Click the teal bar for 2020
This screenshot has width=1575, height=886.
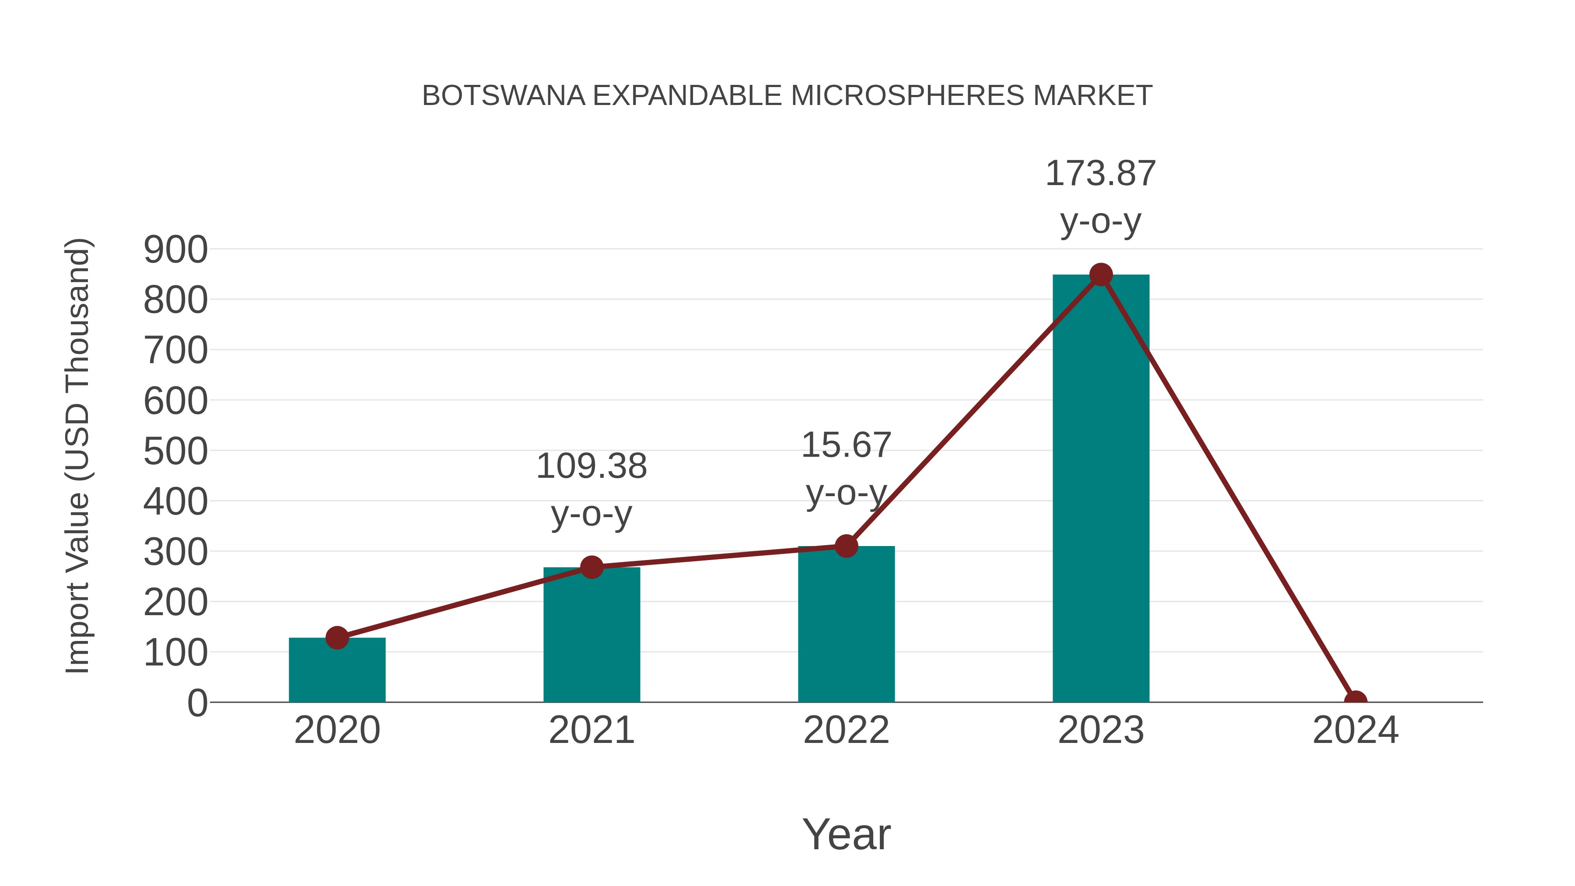(337, 672)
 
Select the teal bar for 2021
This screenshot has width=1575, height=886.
(591, 636)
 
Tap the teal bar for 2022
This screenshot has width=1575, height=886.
(846, 623)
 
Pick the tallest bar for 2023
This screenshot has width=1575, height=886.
(1101, 489)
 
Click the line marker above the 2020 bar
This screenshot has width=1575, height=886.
(337, 638)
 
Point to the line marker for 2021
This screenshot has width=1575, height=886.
(591, 567)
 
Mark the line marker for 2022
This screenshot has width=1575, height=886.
(846, 546)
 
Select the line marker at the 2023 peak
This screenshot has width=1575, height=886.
(1101, 275)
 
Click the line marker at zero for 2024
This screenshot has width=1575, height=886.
(1355, 701)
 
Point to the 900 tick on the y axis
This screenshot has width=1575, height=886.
(175, 250)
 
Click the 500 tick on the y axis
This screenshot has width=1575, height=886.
(175, 452)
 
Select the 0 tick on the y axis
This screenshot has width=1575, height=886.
(197, 703)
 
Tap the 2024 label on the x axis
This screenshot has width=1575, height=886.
(1355, 731)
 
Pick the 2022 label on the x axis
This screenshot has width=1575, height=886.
(846, 731)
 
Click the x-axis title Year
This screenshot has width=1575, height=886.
(846, 835)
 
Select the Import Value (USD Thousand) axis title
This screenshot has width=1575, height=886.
(78, 455)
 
